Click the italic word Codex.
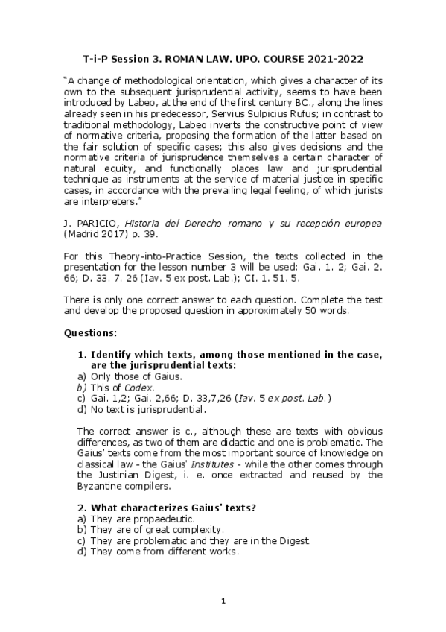(x=139, y=388)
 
